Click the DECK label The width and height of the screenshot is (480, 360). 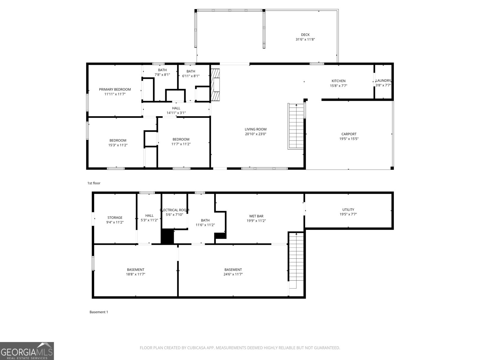pos(305,35)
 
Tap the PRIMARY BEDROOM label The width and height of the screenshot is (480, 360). pos(115,89)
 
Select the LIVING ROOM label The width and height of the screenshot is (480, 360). pos(255,129)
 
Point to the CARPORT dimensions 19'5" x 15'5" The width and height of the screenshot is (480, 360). pos(349,139)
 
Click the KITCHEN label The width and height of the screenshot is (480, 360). pos(338,81)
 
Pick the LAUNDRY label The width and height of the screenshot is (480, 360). pos(383,80)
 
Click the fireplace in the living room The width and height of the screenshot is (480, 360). pos(215,85)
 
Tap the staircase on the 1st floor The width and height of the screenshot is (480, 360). pos(296,126)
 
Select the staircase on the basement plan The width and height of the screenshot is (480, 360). pos(296,260)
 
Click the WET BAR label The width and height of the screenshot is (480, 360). pos(256,216)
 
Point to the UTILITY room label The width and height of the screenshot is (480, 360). pos(348,210)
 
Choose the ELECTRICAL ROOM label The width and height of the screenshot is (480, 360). pos(175,210)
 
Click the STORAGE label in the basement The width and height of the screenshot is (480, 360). pos(115,217)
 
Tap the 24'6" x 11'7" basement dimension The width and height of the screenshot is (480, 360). pos(233,274)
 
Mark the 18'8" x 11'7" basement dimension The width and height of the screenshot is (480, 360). pos(136,274)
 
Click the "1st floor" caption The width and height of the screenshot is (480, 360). pos(94,183)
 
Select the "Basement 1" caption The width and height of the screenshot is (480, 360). pos(99,312)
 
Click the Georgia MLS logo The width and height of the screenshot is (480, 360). pos(27,351)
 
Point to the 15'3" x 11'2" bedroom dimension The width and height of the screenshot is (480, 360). pos(118,145)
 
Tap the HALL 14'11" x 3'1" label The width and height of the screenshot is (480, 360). pos(176,110)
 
